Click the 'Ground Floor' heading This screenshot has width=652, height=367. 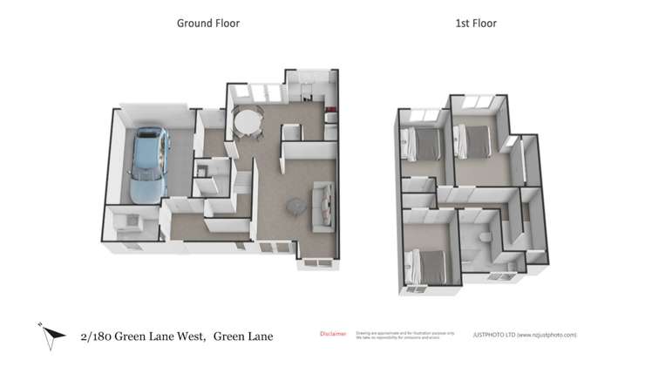(x=208, y=24)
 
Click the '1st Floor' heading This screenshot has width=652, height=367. (x=476, y=24)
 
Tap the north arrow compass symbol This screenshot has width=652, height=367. (x=51, y=334)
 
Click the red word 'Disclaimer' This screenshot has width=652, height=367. (x=333, y=334)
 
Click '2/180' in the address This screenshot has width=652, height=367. (x=95, y=336)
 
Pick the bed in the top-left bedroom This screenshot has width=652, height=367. (x=424, y=143)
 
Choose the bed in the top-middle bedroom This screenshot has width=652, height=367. (x=475, y=139)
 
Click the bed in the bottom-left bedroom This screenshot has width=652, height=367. (x=428, y=262)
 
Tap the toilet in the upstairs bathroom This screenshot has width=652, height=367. (x=483, y=241)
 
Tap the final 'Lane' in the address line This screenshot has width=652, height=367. (x=257, y=336)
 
